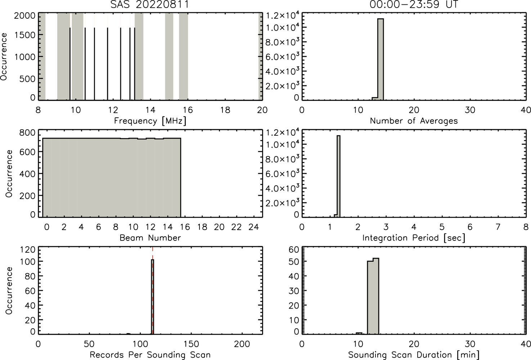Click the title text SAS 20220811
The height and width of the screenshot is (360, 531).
click(150, 4)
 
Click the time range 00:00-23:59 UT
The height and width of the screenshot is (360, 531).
click(414, 4)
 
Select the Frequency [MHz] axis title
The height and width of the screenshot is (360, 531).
click(150, 121)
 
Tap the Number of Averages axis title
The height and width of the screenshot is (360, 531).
click(414, 121)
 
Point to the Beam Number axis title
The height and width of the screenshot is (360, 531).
click(150, 238)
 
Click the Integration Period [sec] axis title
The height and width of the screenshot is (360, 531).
click(414, 238)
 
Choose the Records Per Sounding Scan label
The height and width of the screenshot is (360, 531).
click(150, 355)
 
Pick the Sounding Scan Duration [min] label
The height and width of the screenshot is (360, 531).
click(414, 355)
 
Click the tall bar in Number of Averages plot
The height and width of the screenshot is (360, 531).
click(381, 59)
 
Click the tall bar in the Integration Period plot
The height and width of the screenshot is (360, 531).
click(338, 176)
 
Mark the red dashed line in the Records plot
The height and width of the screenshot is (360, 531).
click(152, 291)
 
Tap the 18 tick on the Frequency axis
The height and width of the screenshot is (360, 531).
click(225, 110)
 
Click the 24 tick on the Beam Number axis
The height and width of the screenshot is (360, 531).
click(253, 227)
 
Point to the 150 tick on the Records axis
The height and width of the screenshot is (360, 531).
click(191, 344)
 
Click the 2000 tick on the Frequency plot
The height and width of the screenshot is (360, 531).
click(24, 16)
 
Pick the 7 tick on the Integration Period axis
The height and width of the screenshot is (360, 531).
click(498, 227)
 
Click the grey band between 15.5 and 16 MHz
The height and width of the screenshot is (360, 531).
click(184, 57)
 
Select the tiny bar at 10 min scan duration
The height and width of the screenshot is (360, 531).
click(359, 333)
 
